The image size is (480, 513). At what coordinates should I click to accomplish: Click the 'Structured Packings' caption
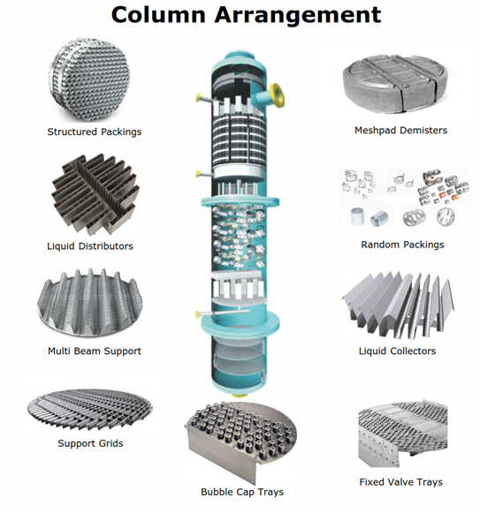click(x=94, y=132)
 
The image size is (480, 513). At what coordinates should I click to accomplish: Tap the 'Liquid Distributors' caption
click(x=89, y=245)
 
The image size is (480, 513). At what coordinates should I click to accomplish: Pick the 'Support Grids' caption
click(x=90, y=442)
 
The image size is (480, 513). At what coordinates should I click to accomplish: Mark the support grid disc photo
click(x=88, y=408)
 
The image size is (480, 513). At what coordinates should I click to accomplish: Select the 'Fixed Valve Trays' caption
click(x=400, y=482)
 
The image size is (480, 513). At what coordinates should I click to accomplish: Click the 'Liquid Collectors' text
click(x=397, y=351)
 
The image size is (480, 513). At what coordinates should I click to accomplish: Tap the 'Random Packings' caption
click(x=402, y=245)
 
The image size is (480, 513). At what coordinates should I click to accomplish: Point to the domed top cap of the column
click(x=239, y=58)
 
